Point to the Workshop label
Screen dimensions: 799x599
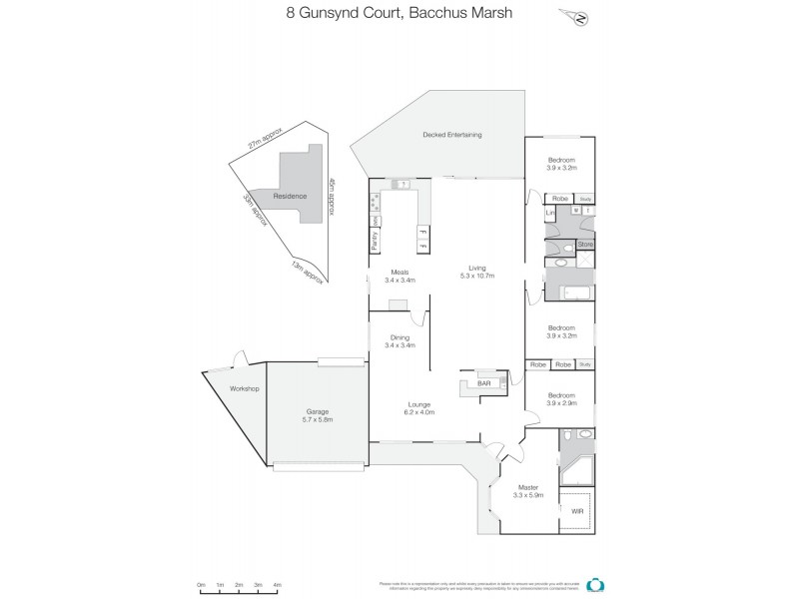point(245,387)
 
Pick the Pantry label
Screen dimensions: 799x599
point(375,241)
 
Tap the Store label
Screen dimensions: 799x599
point(586,244)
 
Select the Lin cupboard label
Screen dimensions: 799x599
point(549,213)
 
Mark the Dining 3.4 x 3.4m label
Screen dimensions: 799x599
point(399,341)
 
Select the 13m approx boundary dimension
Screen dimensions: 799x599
point(304,270)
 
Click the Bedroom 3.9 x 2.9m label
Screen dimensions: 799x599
point(561,397)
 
